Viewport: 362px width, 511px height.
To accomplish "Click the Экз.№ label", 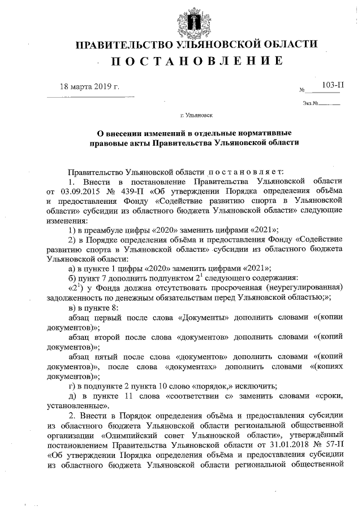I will coord(312,103).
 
